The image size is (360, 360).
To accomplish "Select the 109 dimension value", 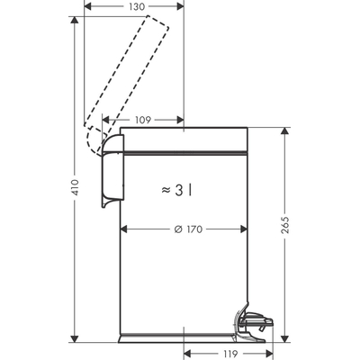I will coord(143,119).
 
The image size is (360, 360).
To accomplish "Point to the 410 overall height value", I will coord(76,187).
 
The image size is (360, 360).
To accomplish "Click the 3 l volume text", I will coord(185,190).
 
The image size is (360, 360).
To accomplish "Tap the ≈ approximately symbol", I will coord(166,191).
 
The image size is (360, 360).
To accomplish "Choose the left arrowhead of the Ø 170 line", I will coord(124,229).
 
